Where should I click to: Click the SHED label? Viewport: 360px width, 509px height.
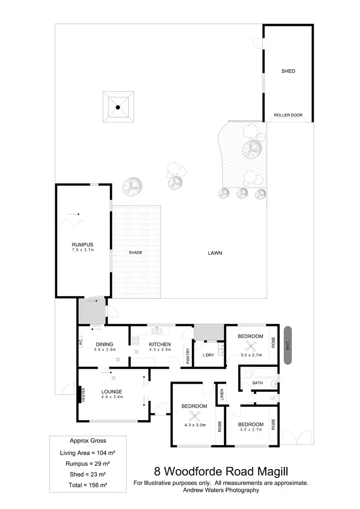pos(288,71)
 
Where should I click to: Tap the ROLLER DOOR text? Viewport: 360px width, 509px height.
pos(288,115)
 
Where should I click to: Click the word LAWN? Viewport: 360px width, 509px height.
pos(215,253)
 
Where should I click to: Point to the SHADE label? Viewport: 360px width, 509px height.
pos(135,253)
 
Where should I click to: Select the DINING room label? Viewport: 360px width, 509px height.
pos(104,344)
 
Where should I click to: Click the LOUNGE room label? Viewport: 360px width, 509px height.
pos(112,391)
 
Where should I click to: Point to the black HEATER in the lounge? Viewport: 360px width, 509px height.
pos(80,395)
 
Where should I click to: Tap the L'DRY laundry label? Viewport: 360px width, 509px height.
pos(208,355)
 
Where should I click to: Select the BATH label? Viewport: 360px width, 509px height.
pos(258,383)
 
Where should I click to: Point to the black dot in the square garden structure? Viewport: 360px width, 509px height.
pos(118,108)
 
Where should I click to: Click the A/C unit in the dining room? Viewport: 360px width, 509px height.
pos(81,343)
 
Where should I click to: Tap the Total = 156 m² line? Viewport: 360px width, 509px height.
pos(88,485)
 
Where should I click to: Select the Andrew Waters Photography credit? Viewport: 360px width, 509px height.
pos(221,490)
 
